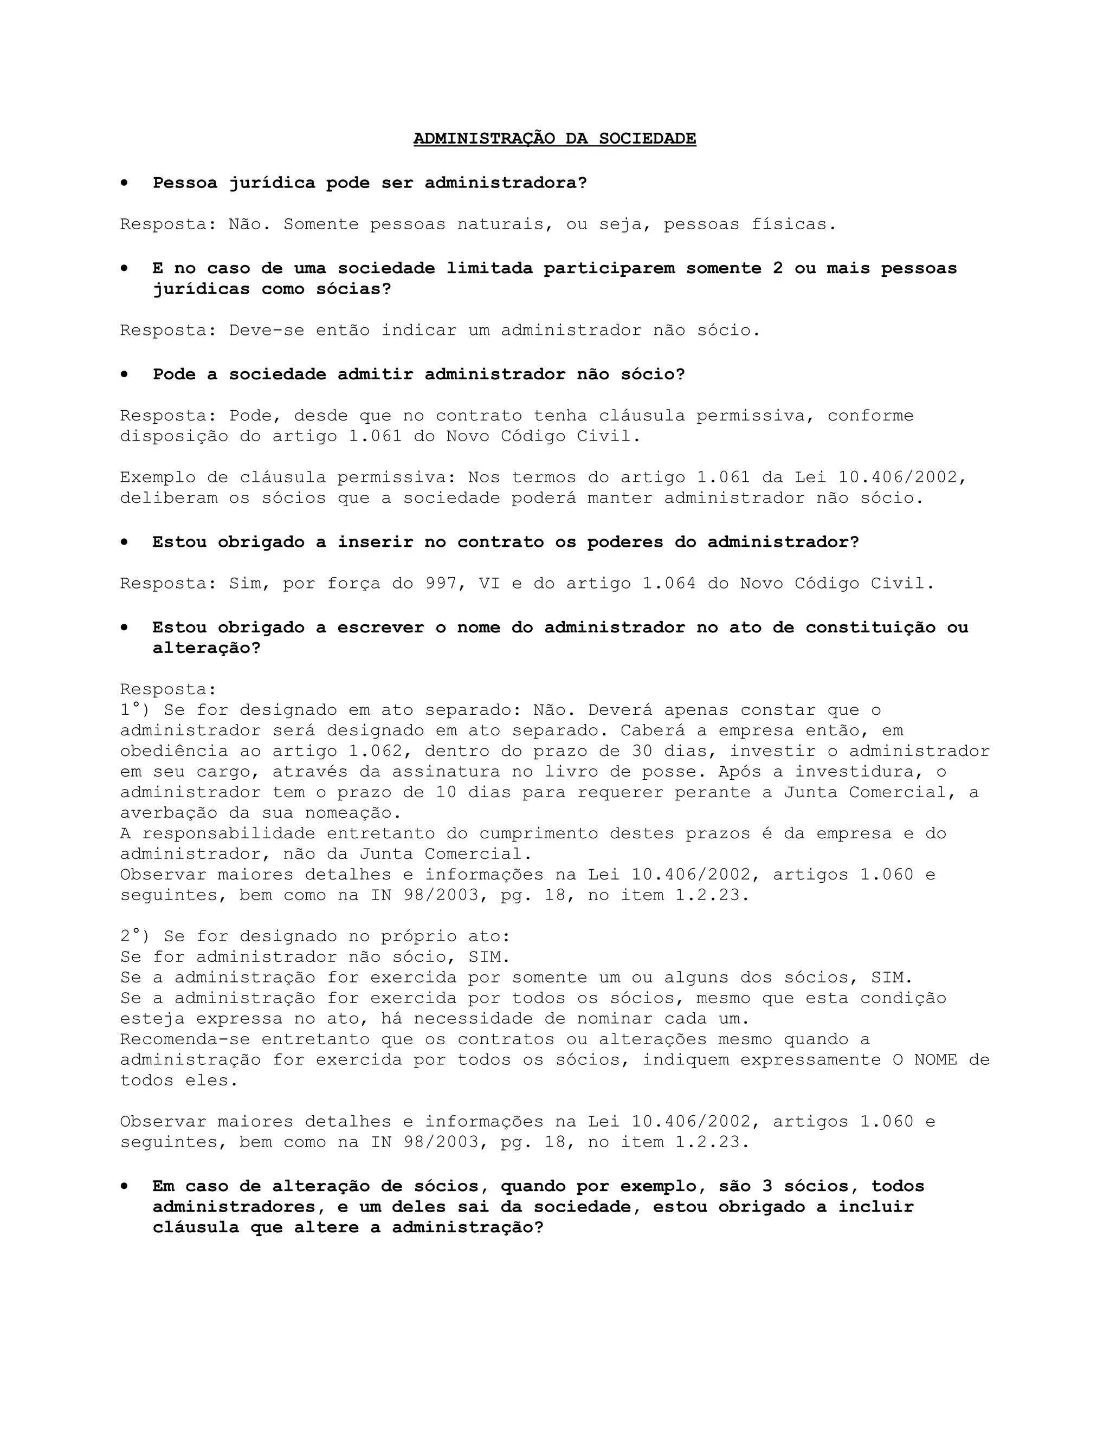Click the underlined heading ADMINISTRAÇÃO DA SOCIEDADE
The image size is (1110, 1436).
[x=554, y=139]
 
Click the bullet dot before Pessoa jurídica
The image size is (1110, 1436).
[x=124, y=183]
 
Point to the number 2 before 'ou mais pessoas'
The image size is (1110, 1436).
[x=778, y=268]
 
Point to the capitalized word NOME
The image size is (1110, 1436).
[x=935, y=1060]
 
